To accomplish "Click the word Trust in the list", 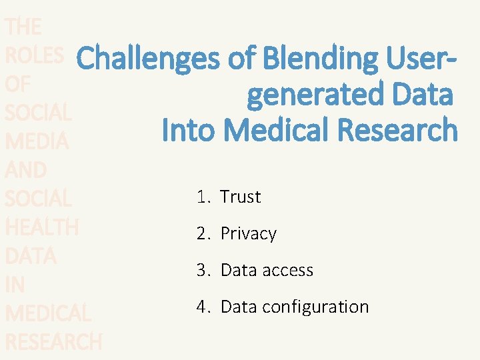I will point(240,197).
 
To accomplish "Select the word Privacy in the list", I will point(248,233).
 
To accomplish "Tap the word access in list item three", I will point(282,270).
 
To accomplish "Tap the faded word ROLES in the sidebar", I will point(34,55).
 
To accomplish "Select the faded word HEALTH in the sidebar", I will point(41,227).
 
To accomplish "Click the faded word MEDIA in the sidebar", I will point(37,141).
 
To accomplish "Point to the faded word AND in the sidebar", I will point(25,170).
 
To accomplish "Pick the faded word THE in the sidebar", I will point(23,27).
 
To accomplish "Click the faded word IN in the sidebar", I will point(14,285).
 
